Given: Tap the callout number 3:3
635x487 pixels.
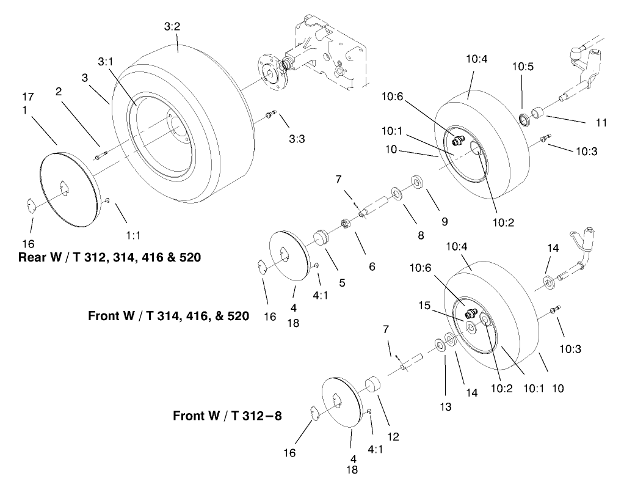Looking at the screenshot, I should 296,139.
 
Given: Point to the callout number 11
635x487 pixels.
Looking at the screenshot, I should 601,123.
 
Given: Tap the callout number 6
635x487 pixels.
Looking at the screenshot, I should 372,267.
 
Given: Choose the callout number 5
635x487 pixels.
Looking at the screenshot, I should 342,282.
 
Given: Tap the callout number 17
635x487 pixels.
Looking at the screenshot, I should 29,96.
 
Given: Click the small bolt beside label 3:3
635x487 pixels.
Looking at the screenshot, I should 272,114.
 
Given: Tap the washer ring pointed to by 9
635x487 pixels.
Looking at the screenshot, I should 418,181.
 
